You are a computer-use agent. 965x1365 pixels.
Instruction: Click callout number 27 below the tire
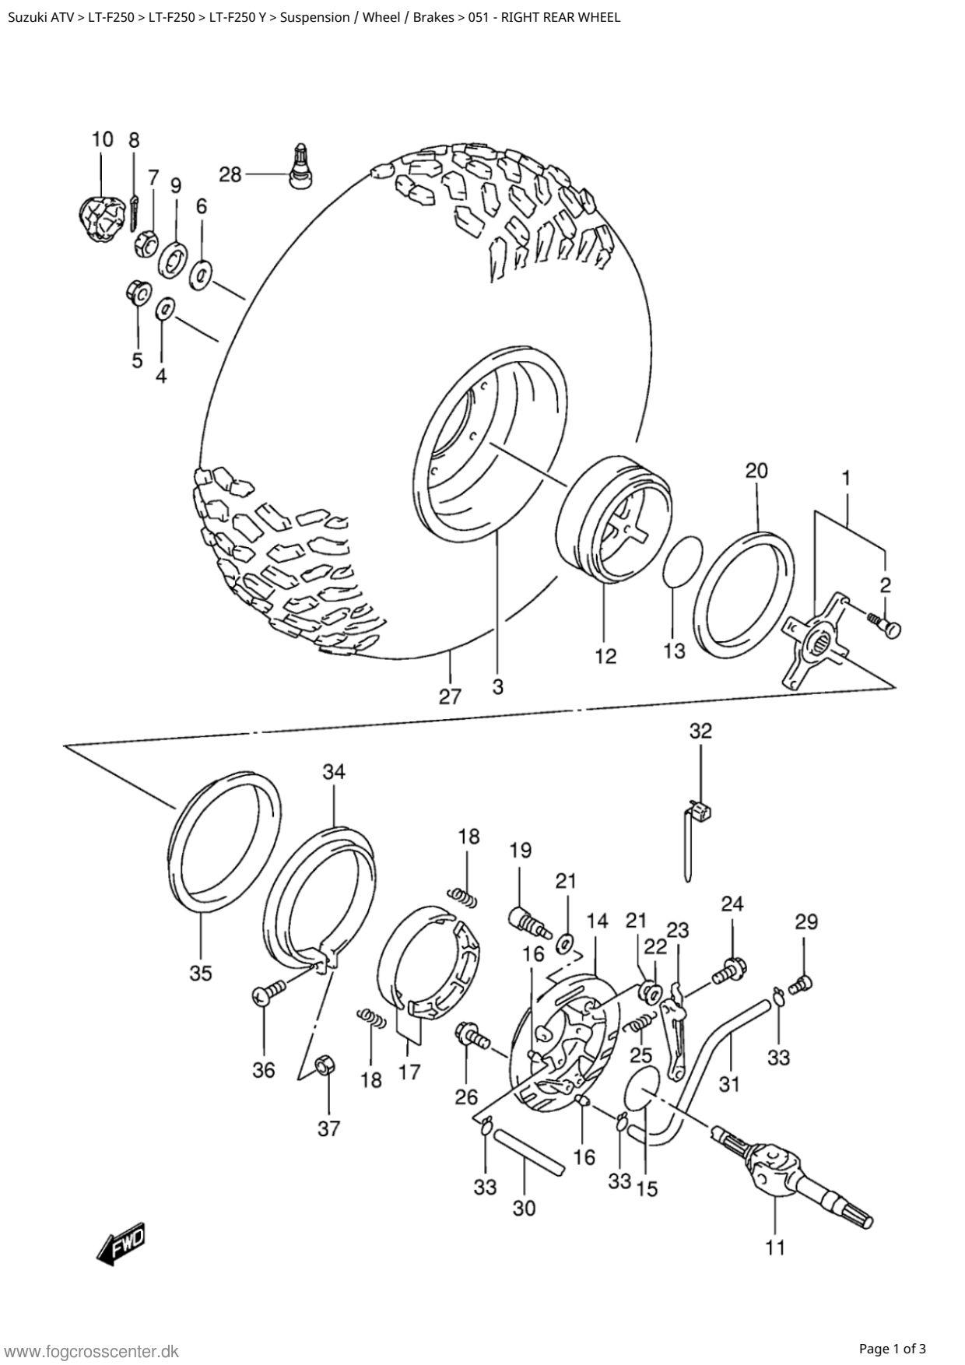click(x=450, y=697)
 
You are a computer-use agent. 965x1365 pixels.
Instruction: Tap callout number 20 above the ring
click(x=756, y=470)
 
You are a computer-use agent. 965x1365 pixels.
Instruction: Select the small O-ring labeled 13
click(x=683, y=562)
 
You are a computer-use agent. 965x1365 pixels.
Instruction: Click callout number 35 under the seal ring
click(x=200, y=974)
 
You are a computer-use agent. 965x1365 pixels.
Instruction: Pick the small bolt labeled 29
click(x=802, y=985)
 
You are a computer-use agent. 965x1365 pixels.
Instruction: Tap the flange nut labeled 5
click(x=137, y=293)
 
